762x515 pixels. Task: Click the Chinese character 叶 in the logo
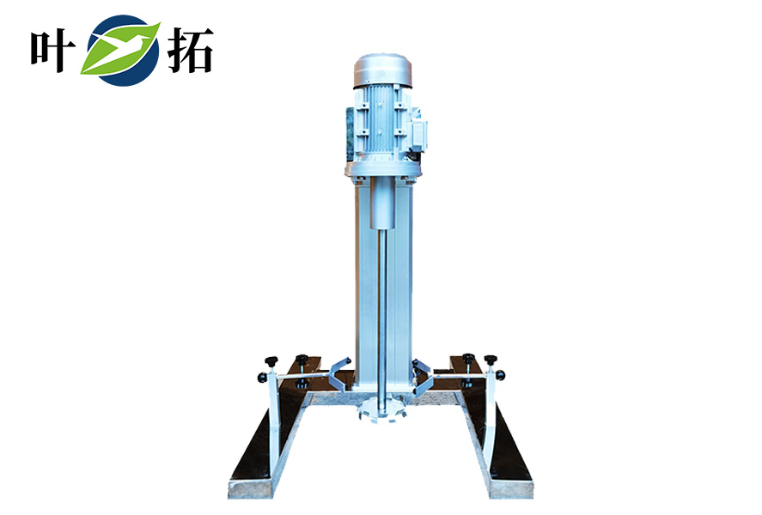click(53, 51)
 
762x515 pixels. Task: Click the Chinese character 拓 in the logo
click(190, 50)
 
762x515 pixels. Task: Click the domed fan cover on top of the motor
click(382, 71)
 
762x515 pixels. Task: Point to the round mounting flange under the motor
click(382, 169)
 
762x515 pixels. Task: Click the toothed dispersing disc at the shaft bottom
click(381, 410)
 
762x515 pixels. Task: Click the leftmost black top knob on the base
click(271, 361)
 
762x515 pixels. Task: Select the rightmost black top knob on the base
click(491, 360)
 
